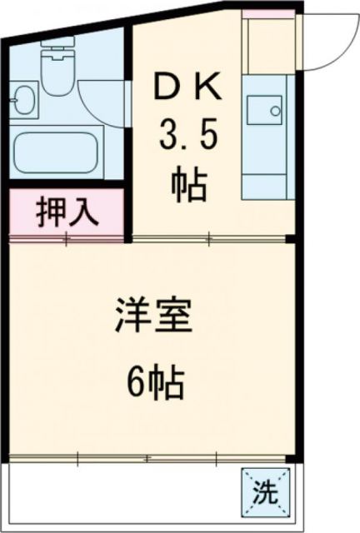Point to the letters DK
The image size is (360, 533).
pyautogui.click(x=188, y=86)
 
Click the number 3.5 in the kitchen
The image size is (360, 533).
pyautogui.click(x=188, y=136)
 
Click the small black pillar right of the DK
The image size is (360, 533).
pyautogui.click(x=289, y=240)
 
